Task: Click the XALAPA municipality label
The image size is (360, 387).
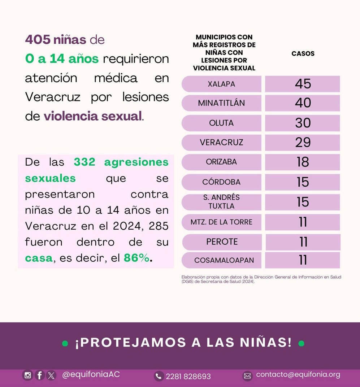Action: click(x=221, y=84)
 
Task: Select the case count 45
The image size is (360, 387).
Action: click(x=303, y=84)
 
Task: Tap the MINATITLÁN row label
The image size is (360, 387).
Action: click(x=221, y=103)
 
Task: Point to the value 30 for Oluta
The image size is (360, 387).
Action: click(x=303, y=123)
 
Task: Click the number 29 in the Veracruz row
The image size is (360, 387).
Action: click(x=303, y=142)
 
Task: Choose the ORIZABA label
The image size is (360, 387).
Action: click(x=221, y=162)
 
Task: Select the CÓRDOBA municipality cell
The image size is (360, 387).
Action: click(x=221, y=182)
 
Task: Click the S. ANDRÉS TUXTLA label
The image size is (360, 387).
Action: click(x=221, y=202)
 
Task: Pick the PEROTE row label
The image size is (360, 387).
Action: click(x=222, y=242)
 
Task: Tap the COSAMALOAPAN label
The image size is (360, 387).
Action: click(x=224, y=260)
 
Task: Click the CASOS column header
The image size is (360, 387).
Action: click(x=303, y=53)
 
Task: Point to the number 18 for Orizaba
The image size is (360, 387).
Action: click(x=303, y=162)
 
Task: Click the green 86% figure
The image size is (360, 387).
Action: click(x=137, y=258)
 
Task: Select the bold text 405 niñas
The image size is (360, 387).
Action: click(x=56, y=39)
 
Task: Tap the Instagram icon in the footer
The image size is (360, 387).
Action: click(x=27, y=375)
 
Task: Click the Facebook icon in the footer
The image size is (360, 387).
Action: click(x=39, y=375)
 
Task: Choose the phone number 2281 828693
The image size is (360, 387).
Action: click(x=188, y=376)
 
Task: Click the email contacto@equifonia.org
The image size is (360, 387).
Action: click(x=298, y=375)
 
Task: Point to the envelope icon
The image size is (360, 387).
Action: click(x=247, y=376)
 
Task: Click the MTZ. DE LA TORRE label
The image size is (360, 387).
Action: click(x=221, y=222)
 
